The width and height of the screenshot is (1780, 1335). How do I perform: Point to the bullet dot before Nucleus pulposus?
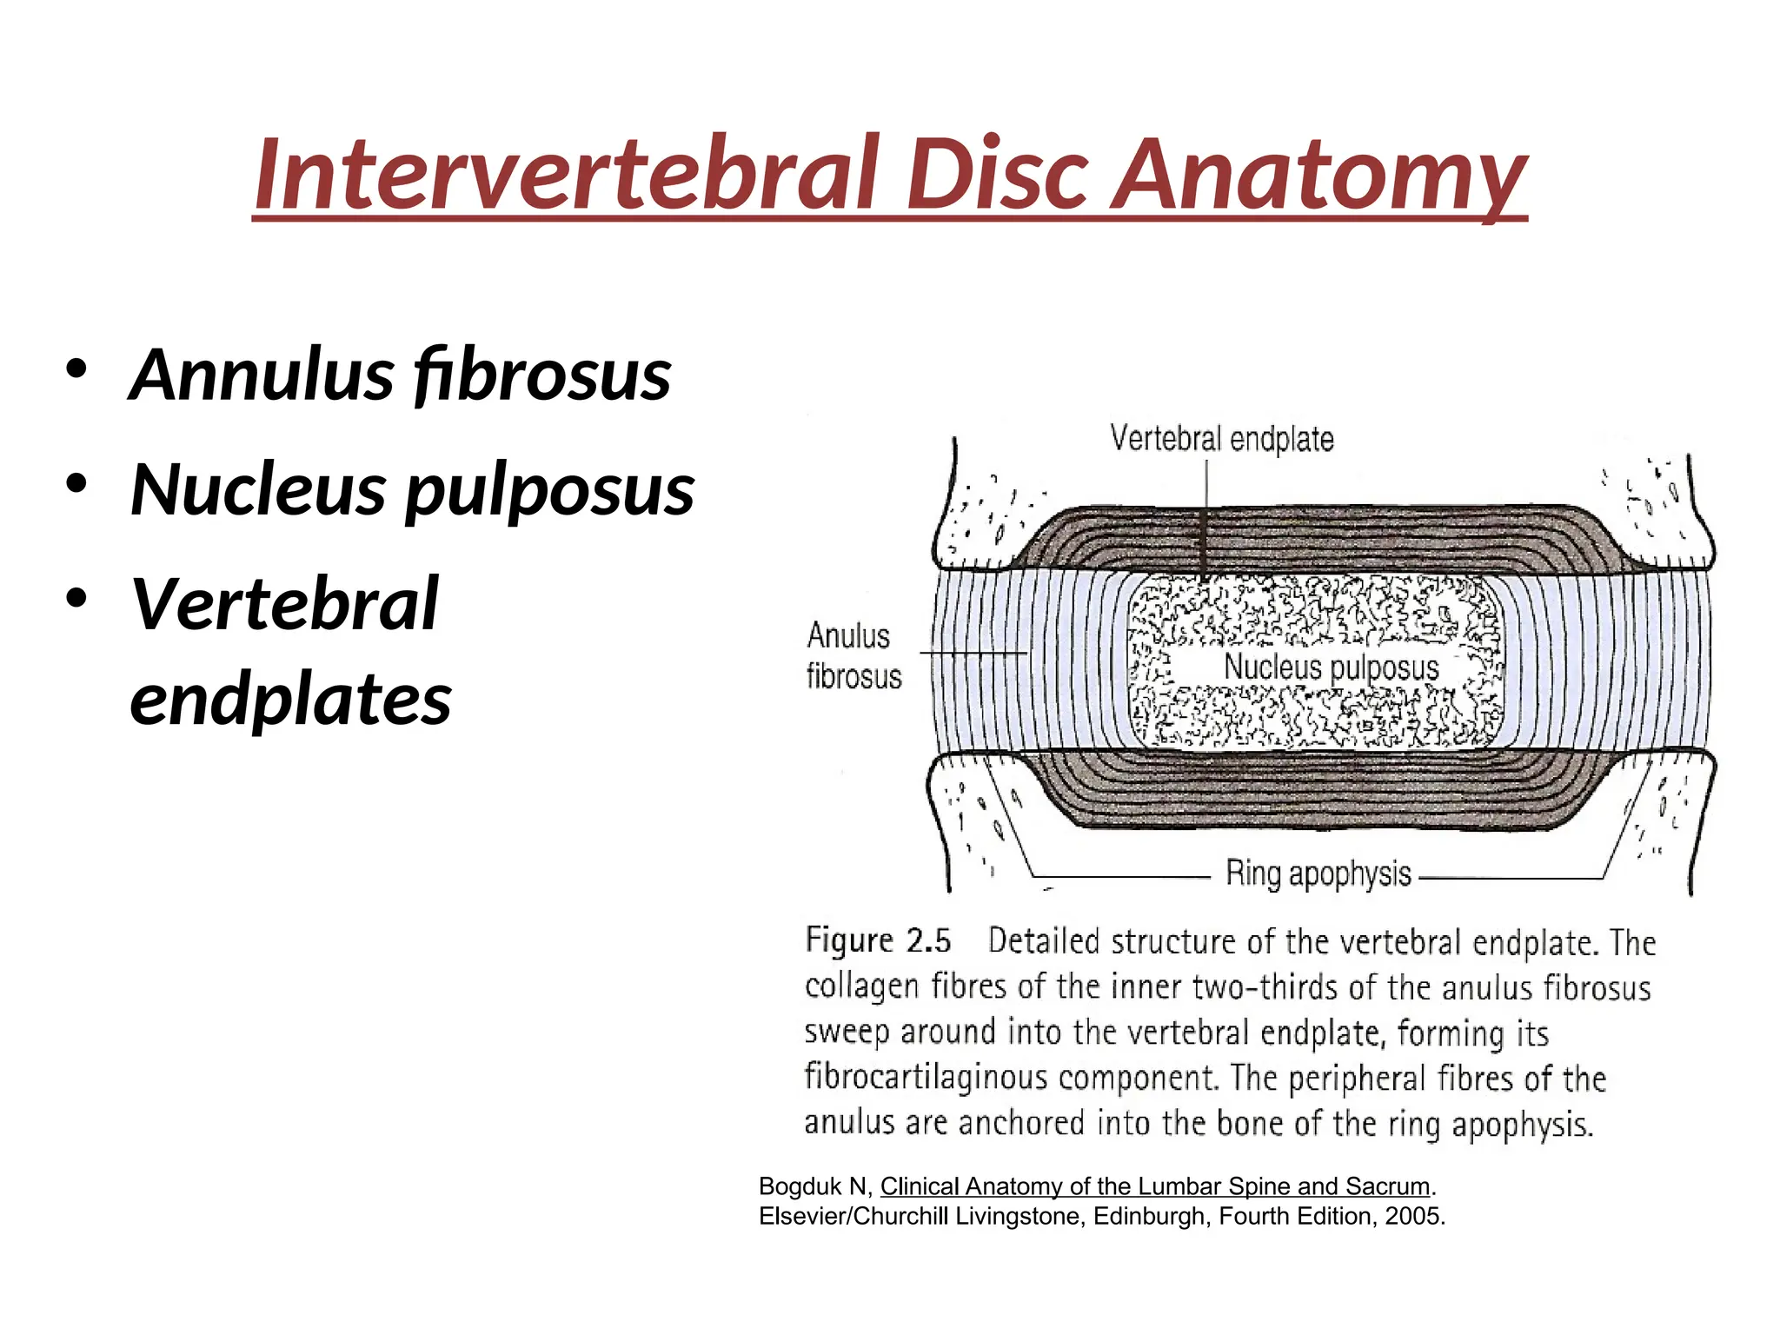click(x=76, y=484)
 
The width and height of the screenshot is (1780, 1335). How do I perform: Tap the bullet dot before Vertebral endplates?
click(x=76, y=599)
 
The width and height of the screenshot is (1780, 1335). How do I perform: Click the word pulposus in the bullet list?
click(x=550, y=489)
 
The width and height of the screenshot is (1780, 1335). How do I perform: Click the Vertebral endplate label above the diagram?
click(x=1221, y=439)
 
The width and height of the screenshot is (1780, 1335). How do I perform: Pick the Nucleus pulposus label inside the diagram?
click(x=1332, y=667)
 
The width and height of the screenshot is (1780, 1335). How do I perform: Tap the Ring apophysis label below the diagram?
click(x=1318, y=873)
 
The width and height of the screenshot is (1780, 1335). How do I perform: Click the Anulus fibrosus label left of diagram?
click(x=853, y=656)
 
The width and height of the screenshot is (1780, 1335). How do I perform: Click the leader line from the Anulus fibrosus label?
click(x=973, y=652)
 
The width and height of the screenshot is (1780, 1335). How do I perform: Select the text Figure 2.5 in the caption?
click(x=878, y=940)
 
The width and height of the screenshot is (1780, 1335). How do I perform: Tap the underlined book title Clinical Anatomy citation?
click(x=1155, y=1186)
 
